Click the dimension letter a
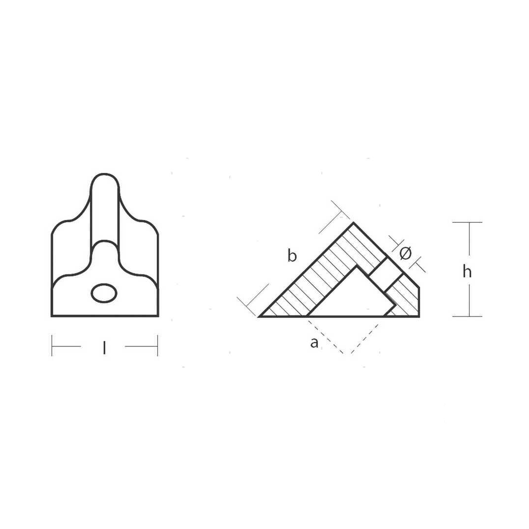click(x=314, y=343)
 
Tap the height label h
click(x=467, y=271)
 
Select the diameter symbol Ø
click(x=405, y=253)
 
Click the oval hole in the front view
click(x=104, y=293)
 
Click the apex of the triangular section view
click(x=353, y=223)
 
